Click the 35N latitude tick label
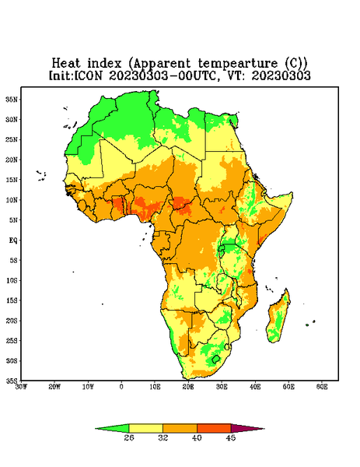(12, 99)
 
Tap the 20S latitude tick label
(12, 321)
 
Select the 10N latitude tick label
(12, 200)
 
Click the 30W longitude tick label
(21, 387)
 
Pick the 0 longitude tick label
(121, 387)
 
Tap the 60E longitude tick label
(322, 387)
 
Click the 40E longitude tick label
(255, 387)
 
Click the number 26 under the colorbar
(129, 437)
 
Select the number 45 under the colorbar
(231, 437)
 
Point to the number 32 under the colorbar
(163, 437)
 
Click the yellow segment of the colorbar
(145, 429)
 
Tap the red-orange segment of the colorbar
(214, 429)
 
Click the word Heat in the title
(66, 64)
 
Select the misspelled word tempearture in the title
(238, 64)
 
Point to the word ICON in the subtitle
(89, 75)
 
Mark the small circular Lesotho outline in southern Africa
(216, 359)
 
